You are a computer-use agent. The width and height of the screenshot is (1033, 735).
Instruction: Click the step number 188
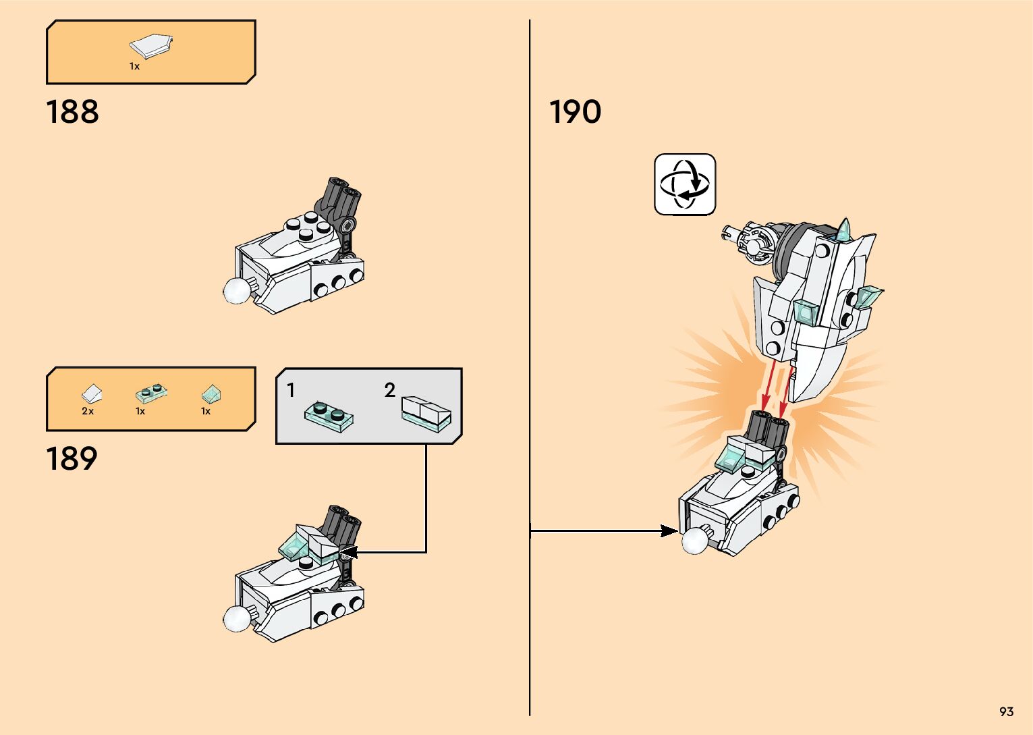point(72,112)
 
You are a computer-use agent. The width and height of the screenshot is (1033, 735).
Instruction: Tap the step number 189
point(72,459)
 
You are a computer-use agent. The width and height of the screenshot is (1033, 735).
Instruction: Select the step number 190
point(575,112)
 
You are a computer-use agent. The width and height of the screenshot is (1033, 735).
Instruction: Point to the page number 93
point(1006,712)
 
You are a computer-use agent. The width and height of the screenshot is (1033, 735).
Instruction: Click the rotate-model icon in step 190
point(684,184)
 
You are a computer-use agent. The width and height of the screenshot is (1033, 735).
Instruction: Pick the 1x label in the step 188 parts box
point(134,66)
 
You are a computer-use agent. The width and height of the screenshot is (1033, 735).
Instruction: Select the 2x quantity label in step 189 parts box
point(88,411)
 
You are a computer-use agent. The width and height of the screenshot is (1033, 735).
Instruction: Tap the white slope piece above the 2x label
point(92,393)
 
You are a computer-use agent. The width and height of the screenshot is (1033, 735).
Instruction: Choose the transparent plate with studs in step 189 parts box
point(151,393)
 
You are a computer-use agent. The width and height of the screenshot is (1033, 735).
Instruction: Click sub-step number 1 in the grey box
point(291,390)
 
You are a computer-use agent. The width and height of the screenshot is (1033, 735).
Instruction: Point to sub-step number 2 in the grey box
point(389,390)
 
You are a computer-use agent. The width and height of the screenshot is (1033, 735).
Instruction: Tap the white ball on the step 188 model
point(237,290)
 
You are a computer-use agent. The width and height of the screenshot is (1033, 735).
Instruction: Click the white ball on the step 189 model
point(237,618)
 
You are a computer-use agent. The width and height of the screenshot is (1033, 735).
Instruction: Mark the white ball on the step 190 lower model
point(695,541)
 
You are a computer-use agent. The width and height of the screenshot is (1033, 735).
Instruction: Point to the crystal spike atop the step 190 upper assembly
point(843,229)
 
